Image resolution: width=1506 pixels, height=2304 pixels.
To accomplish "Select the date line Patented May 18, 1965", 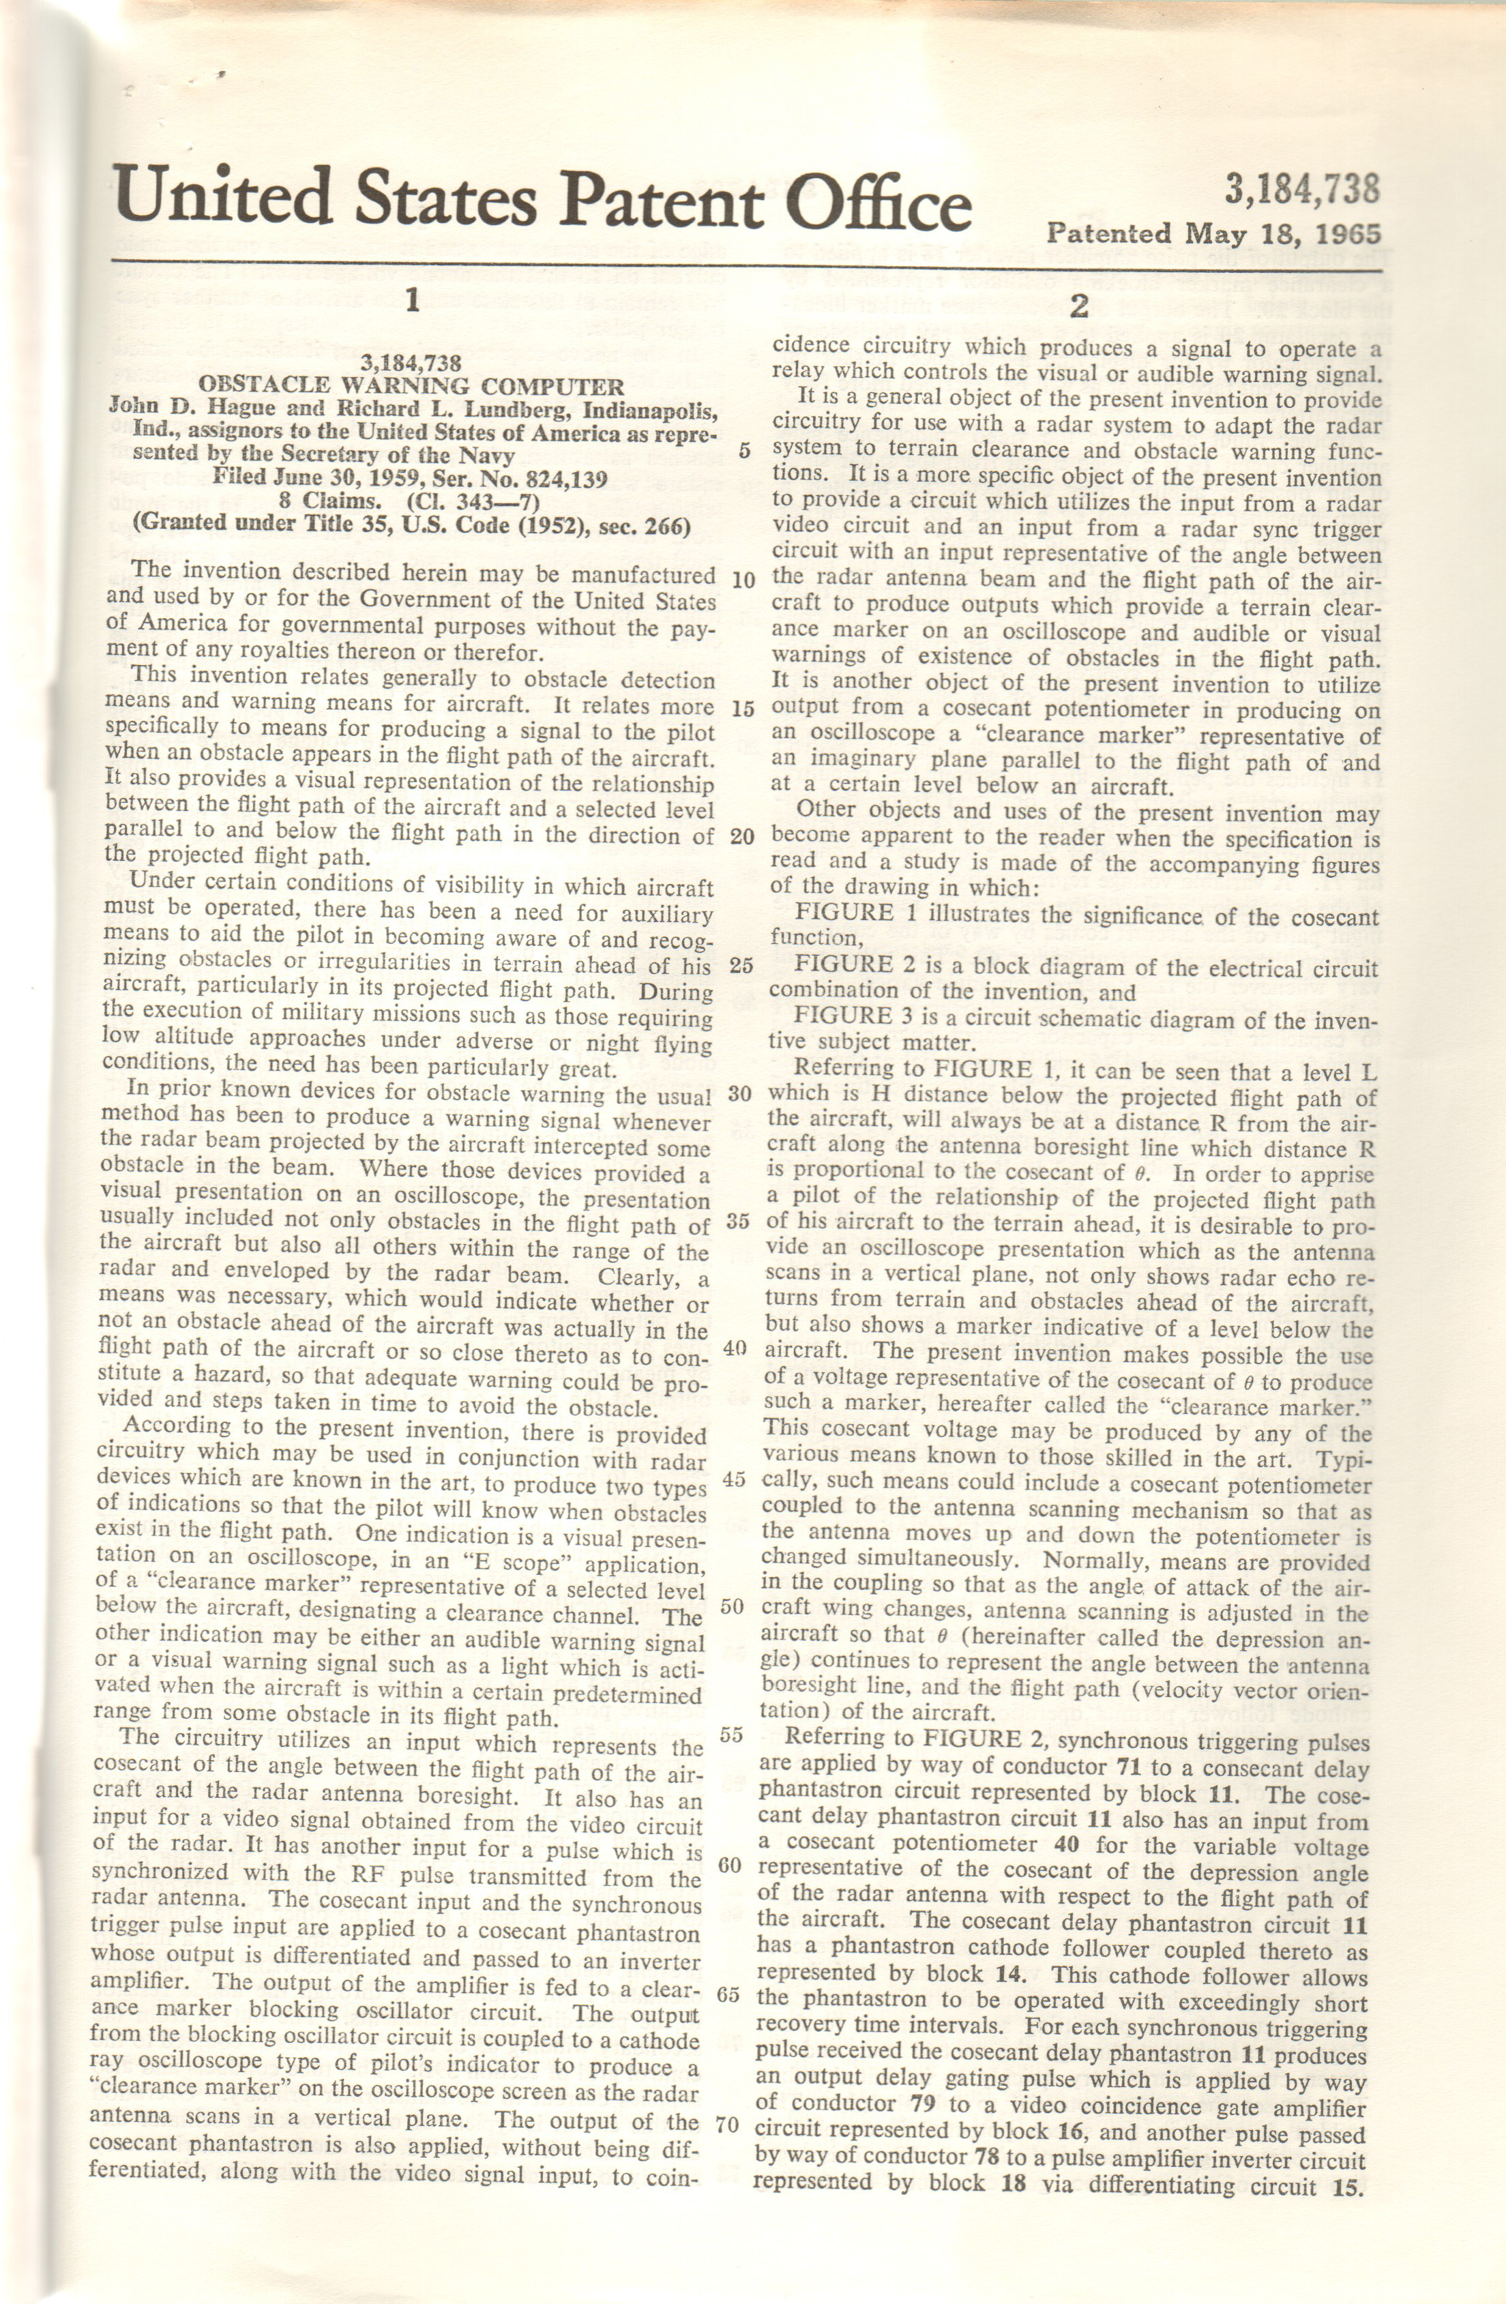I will click(1213, 233).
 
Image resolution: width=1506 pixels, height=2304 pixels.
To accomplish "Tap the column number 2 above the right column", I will click(1079, 306).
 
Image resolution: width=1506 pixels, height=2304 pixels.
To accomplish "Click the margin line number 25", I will click(741, 965).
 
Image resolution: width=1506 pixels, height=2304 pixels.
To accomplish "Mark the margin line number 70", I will click(727, 2125).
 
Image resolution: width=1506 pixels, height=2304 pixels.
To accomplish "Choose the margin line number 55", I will click(732, 1733).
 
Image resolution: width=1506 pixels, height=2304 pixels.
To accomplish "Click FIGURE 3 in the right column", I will click(843, 1016).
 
